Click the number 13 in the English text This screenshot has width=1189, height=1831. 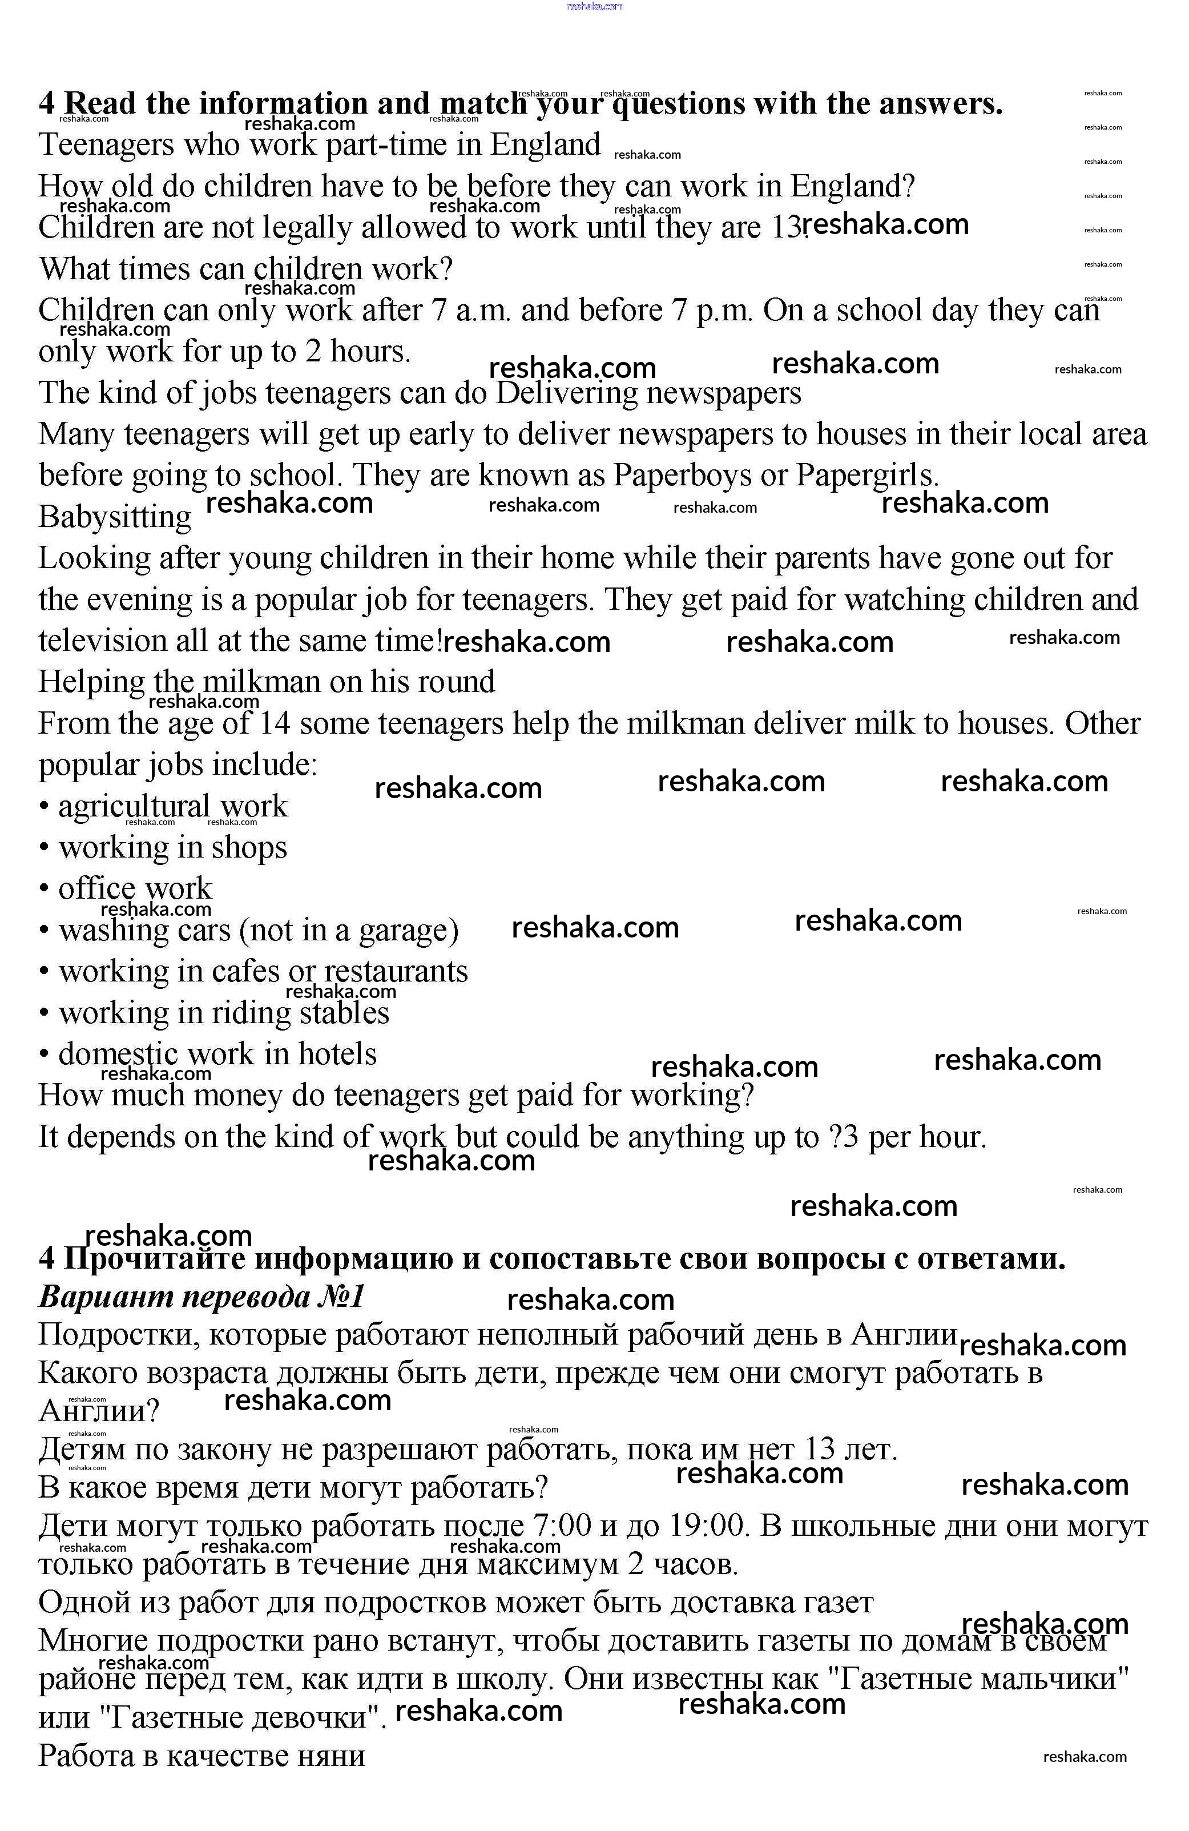tap(785, 227)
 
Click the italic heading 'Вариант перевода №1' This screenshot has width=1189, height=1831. tap(201, 1297)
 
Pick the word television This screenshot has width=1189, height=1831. tap(103, 640)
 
